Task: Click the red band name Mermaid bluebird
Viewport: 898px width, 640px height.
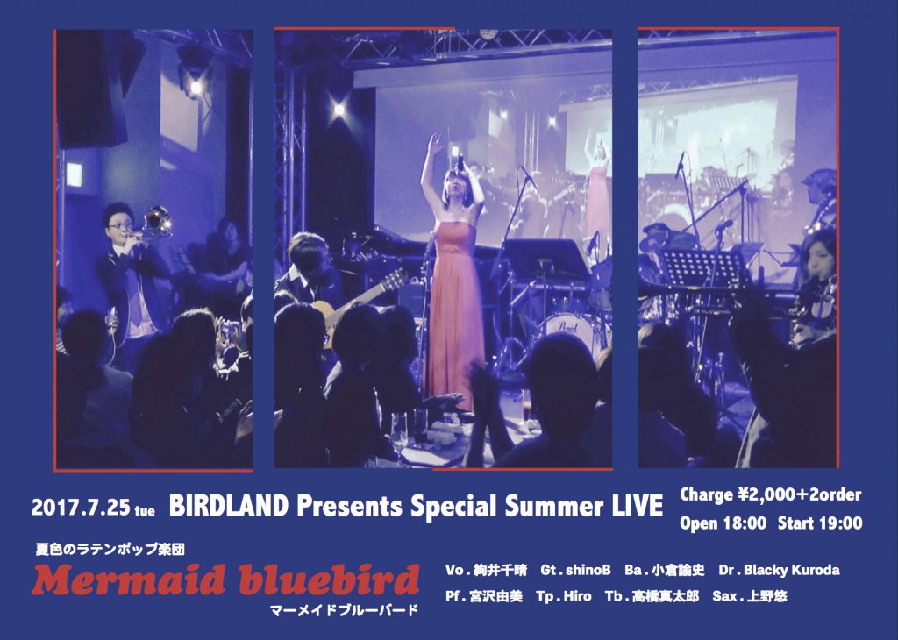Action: [x=225, y=580]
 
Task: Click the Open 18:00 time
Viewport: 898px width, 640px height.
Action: [x=723, y=523]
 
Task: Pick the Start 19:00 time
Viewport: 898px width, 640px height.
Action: [x=820, y=523]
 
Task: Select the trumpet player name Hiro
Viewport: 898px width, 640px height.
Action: [x=577, y=596]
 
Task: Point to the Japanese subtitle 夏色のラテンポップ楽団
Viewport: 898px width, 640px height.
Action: [x=110, y=550]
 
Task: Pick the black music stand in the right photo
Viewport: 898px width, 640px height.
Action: [x=703, y=269]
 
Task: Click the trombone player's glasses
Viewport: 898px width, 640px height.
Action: [x=117, y=225]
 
